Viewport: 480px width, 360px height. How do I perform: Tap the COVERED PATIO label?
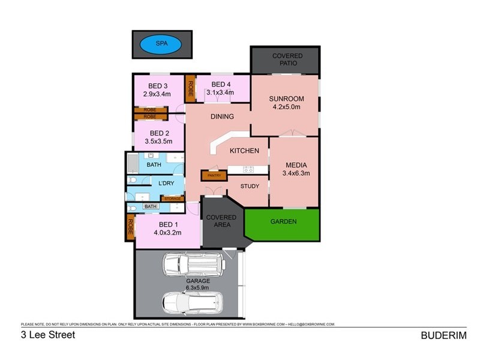pyautogui.click(x=287, y=60)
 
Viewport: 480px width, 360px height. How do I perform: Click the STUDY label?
pyautogui.click(x=250, y=186)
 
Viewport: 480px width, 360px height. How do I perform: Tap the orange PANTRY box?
pyautogui.click(x=214, y=175)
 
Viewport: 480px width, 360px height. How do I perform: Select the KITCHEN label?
pyautogui.click(x=244, y=151)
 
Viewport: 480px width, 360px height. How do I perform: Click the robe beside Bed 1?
pyautogui.click(x=130, y=227)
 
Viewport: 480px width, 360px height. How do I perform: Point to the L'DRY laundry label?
pyautogui.click(x=166, y=184)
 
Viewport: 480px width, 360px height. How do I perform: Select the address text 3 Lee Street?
pyautogui.click(x=48, y=335)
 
